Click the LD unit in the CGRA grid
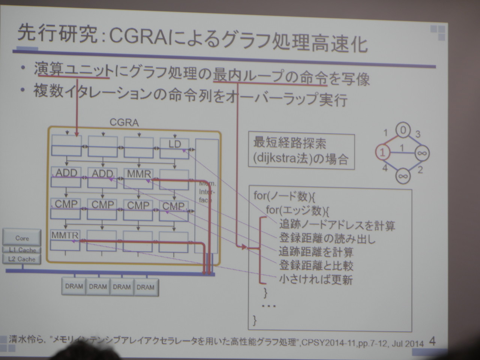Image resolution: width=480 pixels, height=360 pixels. point(174,148)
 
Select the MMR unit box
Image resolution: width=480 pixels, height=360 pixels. point(139,178)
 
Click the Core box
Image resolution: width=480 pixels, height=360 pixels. point(22,238)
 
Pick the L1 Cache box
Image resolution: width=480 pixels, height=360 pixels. point(22,250)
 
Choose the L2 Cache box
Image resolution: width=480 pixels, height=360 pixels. point(22,259)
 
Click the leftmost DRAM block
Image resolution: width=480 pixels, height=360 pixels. point(74,286)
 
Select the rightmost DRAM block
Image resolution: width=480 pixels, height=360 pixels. point(145,287)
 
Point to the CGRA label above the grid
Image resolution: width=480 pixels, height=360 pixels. point(124,123)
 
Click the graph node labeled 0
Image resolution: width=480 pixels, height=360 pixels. point(403,130)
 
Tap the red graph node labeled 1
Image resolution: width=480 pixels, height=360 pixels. point(382,152)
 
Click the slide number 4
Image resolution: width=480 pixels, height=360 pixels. point(432,341)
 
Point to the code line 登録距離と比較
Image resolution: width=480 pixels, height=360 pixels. point(316,265)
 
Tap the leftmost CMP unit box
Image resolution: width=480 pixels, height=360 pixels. point(66,208)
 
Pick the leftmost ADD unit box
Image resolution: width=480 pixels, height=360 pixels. point(66,177)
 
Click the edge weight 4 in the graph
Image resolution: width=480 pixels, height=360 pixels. point(385,168)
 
